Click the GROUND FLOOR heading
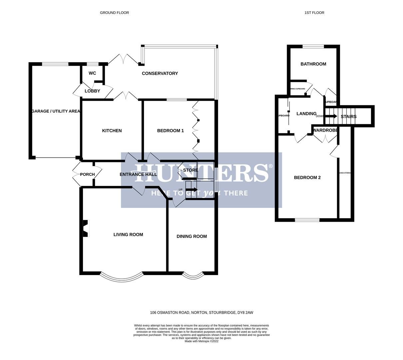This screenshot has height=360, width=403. [x=114, y=13]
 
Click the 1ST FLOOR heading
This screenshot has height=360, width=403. [x=314, y=13]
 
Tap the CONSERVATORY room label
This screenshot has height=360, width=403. [x=160, y=73]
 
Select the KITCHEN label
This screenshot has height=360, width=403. [x=112, y=131]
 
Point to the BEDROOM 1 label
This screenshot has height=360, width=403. [x=170, y=131]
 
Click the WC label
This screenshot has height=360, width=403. [x=92, y=73]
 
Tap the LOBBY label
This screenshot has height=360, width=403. [x=92, y=91]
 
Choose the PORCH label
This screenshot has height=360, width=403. [x=87, y=174]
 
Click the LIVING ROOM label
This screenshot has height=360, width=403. [x=128, y=235]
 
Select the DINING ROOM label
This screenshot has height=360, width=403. [x=192, y=236]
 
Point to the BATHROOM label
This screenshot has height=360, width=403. [x=313, y=64]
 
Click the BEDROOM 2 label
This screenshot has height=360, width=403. [x=307, y=178]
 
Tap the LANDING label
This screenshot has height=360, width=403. [x=306, y=114]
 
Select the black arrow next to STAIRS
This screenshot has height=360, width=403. [x=331, y=116]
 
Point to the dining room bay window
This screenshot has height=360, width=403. [x=193, y=277]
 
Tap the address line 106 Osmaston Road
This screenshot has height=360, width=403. [x=201, y=313]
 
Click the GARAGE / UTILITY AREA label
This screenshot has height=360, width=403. [x=56, y=111]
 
